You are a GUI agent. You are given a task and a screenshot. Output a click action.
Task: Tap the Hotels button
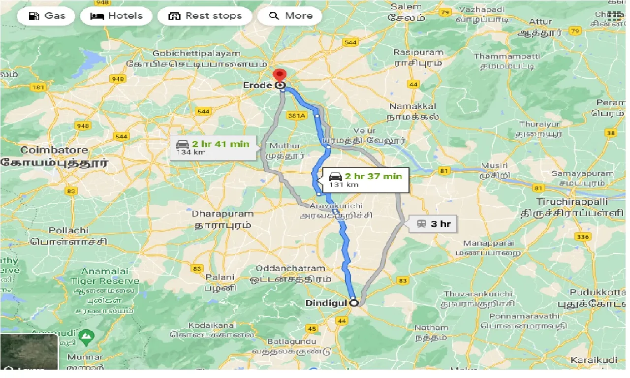click(116, 16)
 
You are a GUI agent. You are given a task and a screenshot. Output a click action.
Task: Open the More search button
click(291, 16)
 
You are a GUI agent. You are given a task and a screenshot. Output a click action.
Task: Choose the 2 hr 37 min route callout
click(365, 180)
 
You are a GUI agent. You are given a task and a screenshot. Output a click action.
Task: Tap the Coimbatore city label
click(54, 150)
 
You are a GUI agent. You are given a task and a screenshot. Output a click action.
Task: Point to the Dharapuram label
click(222, 214)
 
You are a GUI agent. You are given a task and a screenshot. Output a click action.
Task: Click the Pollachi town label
click(68, 230)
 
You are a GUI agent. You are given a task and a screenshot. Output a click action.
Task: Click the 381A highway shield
click(297, 115)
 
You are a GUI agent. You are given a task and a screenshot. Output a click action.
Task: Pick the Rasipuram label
click(418, 52)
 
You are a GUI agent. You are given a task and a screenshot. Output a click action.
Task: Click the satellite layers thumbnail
click(29, 352)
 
